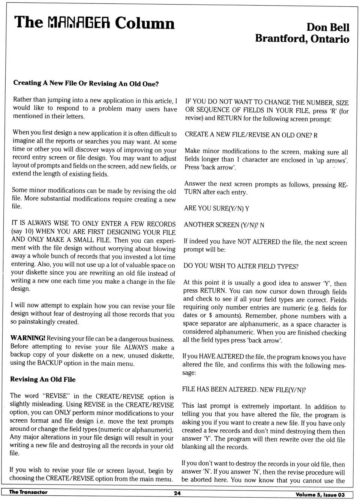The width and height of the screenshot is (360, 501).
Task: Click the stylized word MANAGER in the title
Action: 79,23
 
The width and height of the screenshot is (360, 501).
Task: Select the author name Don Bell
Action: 327,27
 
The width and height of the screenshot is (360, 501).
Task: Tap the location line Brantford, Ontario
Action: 302,39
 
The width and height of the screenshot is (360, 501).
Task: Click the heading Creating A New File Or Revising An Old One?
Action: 86,83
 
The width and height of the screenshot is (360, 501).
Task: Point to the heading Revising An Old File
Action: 43,379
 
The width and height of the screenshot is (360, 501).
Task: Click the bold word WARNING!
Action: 28,338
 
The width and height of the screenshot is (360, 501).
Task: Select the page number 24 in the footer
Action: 177,493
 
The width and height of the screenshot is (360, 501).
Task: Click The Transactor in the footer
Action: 28,492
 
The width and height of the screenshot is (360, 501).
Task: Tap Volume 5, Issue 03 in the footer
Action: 320,495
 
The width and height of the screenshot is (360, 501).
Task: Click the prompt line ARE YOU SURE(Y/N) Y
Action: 216,208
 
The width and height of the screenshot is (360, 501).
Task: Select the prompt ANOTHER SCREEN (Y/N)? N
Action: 224,225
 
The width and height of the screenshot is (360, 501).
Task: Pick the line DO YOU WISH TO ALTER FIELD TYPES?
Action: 241,266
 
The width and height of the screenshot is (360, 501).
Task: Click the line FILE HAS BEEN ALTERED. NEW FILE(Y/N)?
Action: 244,389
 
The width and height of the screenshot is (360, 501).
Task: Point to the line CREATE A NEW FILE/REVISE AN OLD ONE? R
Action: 251,135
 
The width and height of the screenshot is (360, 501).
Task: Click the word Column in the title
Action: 144,23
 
